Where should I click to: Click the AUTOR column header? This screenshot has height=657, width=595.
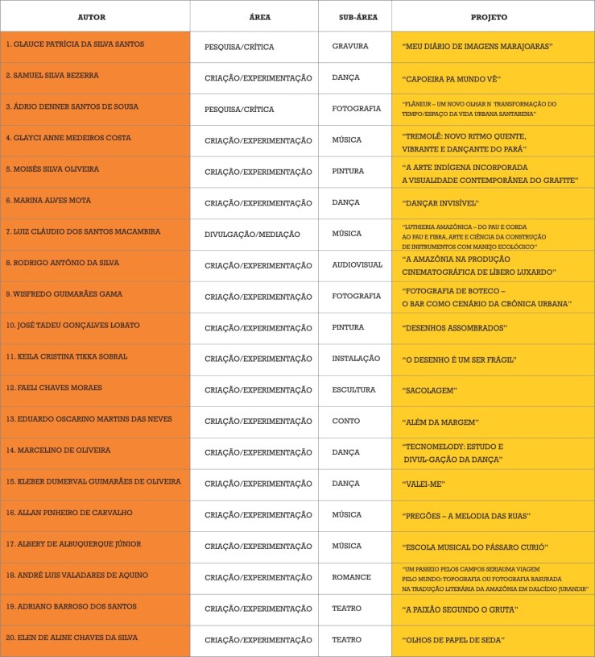pyautogui.click(x=91, y=16)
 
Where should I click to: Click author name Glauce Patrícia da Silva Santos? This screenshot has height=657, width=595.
pyautogui.click(x=74, y=44)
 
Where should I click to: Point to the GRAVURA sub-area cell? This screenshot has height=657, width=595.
pyautogui.click(x=349, y=47)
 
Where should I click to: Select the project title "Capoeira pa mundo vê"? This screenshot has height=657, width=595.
pyautogui.click(x=451, y=79)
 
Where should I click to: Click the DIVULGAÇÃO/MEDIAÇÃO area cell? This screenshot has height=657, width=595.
pyautogui.click(x=252, y=235)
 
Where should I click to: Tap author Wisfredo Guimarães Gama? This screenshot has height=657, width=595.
pyautogui.click(x=64, y=294)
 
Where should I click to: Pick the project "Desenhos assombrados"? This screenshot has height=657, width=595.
pyautogui.click(x=453, y=328)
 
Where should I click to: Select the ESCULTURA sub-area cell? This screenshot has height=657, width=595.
pyautogui.click(x=353, y=389)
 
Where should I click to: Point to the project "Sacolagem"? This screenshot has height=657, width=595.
pyautogui.click(x=429, y=390)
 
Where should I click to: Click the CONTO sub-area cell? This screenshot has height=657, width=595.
pyautogui.click(x=345, y=421)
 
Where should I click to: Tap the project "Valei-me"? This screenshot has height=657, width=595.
pyautogui.click(x=424, y=484)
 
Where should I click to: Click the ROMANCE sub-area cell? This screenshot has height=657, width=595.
pyautogui.click(x=351, y=577)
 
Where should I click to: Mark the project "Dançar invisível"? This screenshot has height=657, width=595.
pyautogui.click(x=440, y=202)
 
